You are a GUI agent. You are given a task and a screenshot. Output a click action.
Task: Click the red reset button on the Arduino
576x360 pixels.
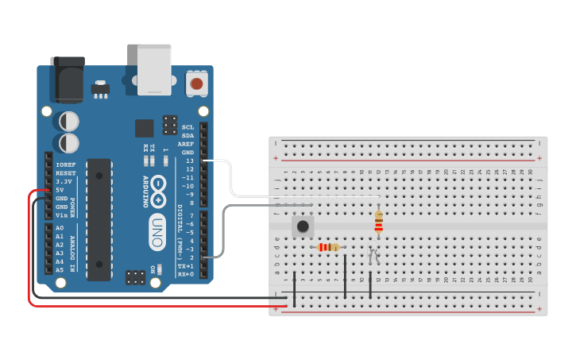[196, 83]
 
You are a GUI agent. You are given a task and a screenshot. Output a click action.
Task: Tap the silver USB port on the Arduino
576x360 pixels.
[154, 68]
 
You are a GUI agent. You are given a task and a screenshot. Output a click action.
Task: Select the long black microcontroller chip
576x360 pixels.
[99, 219]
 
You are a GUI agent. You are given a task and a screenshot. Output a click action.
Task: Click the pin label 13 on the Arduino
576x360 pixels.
[188, 161]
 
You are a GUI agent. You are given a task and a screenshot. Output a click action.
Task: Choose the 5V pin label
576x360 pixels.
[60, 190]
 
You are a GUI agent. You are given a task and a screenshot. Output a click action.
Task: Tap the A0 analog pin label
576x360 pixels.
[60, 228]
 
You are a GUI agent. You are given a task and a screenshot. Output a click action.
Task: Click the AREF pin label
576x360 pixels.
[187, 144]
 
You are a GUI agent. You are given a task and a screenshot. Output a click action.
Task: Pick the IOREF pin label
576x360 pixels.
[65, 165]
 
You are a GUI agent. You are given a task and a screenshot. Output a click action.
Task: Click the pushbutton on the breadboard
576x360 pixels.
[303, 226]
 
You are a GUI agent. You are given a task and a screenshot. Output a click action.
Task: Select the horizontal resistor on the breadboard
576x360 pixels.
[327, 247]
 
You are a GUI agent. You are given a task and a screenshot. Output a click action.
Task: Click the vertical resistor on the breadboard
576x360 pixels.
[378, 222]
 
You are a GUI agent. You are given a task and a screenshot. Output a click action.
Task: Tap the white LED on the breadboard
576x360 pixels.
[373, 256]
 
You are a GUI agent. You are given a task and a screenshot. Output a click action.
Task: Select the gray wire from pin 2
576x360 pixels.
[224, 230]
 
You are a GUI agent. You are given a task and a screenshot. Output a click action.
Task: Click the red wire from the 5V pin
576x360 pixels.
[29, 254]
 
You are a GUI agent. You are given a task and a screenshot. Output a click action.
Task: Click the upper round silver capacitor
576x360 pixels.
[69, 121]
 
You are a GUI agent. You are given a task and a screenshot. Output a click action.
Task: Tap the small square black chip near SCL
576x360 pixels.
[144, 128]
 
